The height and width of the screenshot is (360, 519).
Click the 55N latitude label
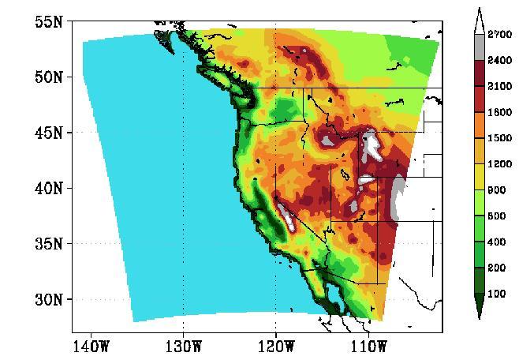48,21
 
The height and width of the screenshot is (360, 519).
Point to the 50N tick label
48,77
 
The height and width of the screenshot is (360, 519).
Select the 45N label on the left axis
48,133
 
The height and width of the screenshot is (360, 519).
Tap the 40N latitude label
48,189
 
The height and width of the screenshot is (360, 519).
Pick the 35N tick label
48,244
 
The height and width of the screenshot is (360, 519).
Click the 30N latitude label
48,300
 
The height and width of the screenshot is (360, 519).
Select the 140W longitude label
91,346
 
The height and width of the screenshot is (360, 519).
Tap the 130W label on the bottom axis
183,346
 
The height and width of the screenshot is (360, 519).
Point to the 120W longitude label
275,346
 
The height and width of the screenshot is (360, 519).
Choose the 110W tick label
368,346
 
